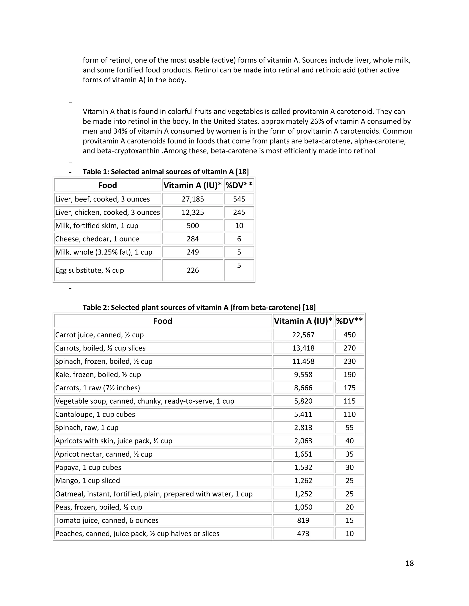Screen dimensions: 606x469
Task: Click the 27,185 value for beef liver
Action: click(193, 199)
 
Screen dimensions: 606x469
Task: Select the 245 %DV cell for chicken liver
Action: click(239, 212)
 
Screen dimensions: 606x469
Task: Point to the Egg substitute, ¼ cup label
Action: click(90, 270)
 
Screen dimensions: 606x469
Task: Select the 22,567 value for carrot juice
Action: click(303, 335)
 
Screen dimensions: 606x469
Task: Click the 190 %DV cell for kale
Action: click(349, 375)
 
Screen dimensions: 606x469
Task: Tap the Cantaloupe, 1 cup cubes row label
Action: click(95, 414)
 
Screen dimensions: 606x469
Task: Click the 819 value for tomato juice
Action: click(303, 520)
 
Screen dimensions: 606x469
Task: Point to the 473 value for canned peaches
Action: click(303, 534)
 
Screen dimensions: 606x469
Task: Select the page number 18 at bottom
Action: click(409, 563)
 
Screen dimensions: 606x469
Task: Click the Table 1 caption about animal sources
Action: click(166, 172)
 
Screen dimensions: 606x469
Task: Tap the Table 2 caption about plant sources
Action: click(199, 307)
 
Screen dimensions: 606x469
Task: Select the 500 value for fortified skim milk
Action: click(193, 225)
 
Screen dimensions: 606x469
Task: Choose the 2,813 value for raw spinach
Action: click(303, 428)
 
